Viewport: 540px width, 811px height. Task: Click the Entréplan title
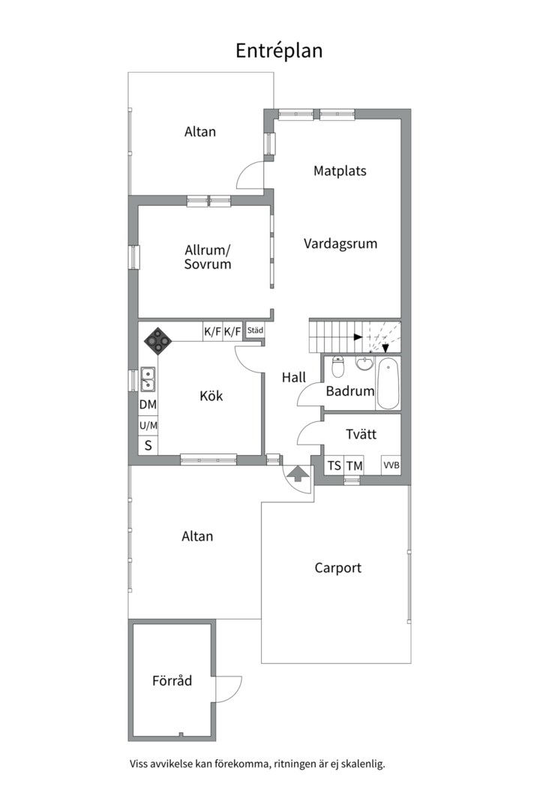click(279, 51)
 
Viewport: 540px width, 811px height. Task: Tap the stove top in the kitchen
click(157, 342)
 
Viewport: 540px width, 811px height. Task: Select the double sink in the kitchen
click(148, 379)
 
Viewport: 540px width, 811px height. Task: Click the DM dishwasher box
click(148, 405)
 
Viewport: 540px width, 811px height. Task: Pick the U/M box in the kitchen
click(148, 426)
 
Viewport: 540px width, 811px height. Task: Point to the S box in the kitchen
click(148, 445)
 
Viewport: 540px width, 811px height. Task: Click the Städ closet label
click(255, 330)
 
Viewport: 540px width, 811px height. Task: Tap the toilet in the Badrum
click(338, 366)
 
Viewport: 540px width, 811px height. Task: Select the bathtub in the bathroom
click(388, 383)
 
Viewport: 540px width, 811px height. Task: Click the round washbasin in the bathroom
click(364, 363)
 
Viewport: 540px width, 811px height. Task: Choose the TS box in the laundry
click(334, 466)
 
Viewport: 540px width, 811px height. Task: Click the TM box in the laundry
click(355, 466)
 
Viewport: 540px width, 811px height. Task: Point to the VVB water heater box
click(391, 465)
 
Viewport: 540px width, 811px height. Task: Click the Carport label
click(338, 568)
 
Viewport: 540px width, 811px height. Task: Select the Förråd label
click(172, 680)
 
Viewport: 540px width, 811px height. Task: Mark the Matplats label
click(340, 170)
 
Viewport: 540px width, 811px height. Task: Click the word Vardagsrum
click(340, 243)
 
